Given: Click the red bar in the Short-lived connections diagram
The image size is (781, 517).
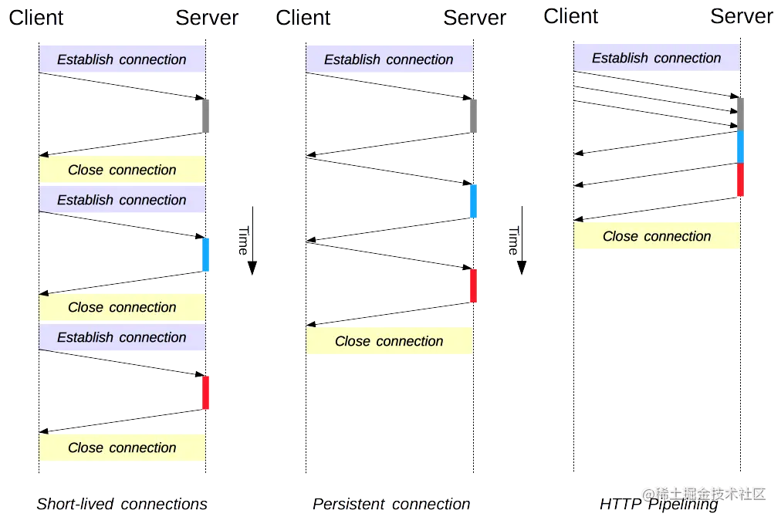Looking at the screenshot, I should point(205,393).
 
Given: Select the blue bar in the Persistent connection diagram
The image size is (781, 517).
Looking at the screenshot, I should point(474,201).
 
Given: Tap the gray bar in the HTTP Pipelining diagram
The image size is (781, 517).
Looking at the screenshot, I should point(741,113).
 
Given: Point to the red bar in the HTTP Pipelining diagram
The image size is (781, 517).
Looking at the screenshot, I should point(740,180).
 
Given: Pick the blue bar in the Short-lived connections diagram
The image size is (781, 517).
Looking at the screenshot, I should point(205,255).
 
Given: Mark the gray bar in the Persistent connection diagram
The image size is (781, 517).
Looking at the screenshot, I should point(475,116).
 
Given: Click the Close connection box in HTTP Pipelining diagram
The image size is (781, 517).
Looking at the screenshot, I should point(656,237).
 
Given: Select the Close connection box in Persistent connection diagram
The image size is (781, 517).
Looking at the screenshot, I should point(389,341).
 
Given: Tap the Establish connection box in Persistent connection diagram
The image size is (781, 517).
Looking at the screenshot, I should point(389,59).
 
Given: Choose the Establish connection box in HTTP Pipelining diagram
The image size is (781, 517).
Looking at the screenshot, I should point(656,58).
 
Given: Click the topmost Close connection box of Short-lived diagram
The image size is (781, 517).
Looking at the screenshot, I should point(122,170).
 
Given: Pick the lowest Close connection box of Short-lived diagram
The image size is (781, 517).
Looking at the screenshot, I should point(122,448).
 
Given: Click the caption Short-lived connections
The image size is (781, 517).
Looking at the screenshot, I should point(122,504).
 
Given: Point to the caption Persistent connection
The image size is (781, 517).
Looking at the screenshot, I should point(390,504).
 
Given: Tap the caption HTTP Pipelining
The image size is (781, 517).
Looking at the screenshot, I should point(658,504).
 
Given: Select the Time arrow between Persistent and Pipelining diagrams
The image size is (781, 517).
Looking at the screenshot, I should point(521,240).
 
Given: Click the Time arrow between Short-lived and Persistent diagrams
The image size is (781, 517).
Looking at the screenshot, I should point(251,240).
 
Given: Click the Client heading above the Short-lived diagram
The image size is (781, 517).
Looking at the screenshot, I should point(36,18).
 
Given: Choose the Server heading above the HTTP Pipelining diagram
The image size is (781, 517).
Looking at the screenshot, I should point(741,16).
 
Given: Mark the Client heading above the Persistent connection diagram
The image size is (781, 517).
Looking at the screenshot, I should point(303,18).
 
